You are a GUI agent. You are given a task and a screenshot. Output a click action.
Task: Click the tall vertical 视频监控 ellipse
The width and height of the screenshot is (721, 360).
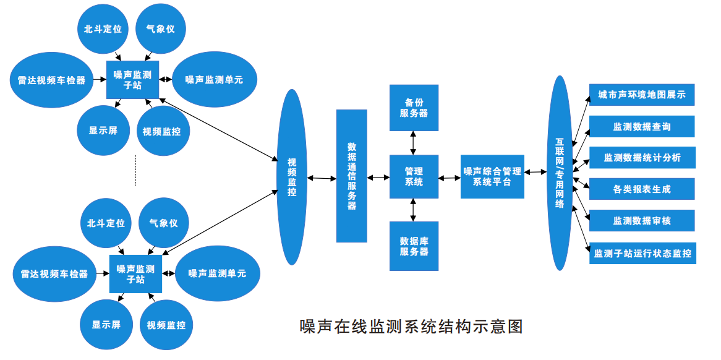coord(291,177)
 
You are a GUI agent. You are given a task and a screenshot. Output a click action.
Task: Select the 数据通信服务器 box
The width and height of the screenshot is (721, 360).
coord(351,176)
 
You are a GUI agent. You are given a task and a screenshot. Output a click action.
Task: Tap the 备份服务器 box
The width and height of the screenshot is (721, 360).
coord(414,108)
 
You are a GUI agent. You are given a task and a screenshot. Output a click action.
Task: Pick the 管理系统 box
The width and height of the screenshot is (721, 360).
coord(414,176)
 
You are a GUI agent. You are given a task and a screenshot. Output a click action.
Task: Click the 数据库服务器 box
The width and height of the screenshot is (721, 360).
coord(414,246)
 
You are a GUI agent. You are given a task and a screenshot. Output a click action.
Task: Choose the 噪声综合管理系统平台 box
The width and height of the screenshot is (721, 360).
coord(492,176)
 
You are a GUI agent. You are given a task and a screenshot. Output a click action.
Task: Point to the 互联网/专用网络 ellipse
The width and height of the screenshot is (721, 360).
coord(560,173)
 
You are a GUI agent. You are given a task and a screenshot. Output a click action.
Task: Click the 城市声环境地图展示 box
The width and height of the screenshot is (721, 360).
coord(641,95)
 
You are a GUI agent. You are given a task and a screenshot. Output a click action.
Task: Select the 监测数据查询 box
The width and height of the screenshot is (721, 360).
coord(641,126)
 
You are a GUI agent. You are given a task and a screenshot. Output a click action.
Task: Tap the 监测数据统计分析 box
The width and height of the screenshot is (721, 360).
coord(641,158)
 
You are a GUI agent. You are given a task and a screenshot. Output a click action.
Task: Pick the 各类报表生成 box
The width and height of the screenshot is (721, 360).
coord(641,189)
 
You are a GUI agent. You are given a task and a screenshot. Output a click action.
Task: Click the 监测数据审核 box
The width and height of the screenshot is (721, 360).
coord(641,221)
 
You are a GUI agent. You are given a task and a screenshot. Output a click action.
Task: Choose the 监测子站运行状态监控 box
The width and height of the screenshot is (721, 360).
coord(642,253)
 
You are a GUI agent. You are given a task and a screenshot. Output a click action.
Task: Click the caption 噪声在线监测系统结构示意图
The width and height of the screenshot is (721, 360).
coord(411,326)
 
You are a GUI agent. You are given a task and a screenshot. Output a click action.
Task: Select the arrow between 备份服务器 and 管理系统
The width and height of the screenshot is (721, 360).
coord(414,143)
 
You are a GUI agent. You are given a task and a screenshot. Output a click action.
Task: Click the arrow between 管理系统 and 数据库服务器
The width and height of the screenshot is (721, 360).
coord(414,210)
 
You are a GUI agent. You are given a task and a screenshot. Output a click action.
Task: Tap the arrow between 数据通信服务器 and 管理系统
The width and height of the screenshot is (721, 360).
coord(378,178)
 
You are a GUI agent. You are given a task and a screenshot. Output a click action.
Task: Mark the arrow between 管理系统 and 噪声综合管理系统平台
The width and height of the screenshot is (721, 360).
coord(450,178)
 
